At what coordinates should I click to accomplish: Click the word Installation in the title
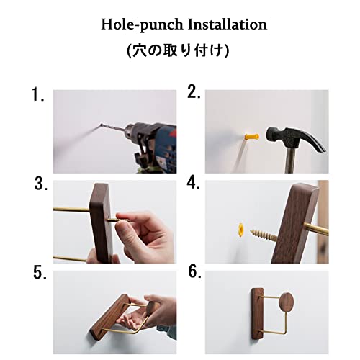(x=227, y=24)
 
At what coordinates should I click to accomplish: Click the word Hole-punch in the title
(x=142, y=25)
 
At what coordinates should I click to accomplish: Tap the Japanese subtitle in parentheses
(x=178, y=50)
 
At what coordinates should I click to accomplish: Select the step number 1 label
(x=38, y=94)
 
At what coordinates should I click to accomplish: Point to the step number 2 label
(x=194, y=91)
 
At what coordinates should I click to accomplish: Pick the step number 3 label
(x=40, y=184)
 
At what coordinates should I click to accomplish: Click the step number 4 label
(x=194, y=183)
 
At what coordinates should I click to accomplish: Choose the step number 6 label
(x=194, y=271)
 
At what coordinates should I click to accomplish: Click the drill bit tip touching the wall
(x=101, y=125)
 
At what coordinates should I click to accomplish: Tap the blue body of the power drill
(x=166, y=149)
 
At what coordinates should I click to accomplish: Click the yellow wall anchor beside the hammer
(x=251, y=137)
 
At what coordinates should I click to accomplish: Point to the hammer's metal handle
(x=290, y=160)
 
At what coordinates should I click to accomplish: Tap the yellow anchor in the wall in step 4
(x=240, y=230)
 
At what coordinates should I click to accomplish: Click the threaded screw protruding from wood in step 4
(x=264, y=235)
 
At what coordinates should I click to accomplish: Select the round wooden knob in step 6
(x=287, y=302)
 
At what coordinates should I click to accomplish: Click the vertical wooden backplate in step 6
(x=258, y=313)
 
